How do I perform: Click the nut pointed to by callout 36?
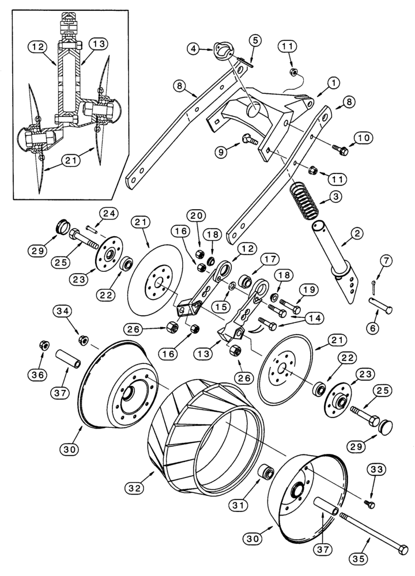click(x=43, y=346)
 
